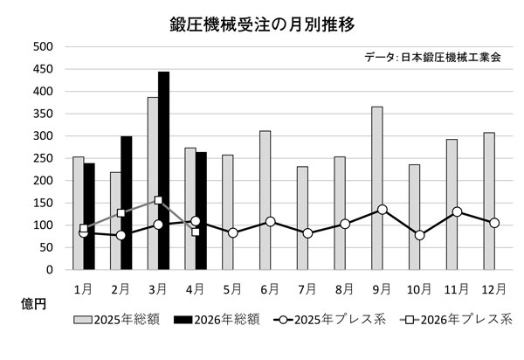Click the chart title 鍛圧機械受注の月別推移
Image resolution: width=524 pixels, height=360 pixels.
[x=262, y=24]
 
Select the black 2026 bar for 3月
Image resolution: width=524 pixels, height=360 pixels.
[x=164, y=170]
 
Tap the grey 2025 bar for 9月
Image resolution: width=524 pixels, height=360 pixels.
[x=377, y=188]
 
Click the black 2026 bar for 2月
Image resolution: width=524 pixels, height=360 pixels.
[x=127, y=203]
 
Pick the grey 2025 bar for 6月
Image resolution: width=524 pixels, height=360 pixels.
[x=265, y=200]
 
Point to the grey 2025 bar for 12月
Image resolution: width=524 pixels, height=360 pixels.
[x=489, y=201]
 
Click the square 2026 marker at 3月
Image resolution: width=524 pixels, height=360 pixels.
[x=158, y=200]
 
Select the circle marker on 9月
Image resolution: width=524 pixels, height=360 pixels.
[x=383, y=210]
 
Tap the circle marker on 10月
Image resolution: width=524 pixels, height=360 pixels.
[x=420, y=235]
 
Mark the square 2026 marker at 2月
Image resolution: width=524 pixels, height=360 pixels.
[x=121, y=213]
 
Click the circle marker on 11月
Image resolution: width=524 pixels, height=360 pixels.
[x=457, y=211]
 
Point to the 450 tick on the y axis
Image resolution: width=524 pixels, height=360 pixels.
[x=43, y=69]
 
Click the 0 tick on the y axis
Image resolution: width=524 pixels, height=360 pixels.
[x=50, y=270]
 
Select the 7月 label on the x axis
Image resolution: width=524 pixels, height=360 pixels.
[x=307, y=289]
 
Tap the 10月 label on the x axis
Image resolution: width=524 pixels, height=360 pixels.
[x=418, y=289]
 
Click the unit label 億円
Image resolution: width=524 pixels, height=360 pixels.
[x=33, y=304]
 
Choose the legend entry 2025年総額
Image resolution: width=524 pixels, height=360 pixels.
[x=116, y=320]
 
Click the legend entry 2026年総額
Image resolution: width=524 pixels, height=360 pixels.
[x=217, y=320]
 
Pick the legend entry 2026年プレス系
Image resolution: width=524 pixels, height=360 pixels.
[x=456, y=320]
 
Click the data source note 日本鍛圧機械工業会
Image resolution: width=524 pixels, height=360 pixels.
[x=451, y=58]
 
